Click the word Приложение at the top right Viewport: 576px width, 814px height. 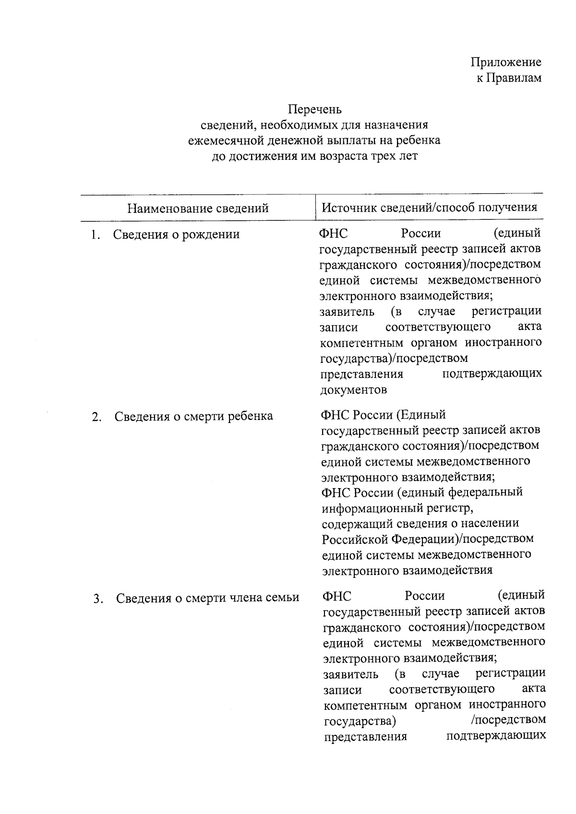click(x=506, y=62)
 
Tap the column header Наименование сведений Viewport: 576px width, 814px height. click(x=198, y=208)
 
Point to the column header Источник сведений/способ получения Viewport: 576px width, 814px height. click(x=429, y=207)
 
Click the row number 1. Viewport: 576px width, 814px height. click(x=96, y=235)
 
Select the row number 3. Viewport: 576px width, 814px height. click(x=98, y=599)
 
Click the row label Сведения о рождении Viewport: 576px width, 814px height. click(x=176, y=234)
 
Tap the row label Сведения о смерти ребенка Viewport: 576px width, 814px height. click(x=193, y=416)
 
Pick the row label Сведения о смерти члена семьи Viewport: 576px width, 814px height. click(x=207, y=598)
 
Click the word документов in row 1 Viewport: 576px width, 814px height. click(x=353, y=389)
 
